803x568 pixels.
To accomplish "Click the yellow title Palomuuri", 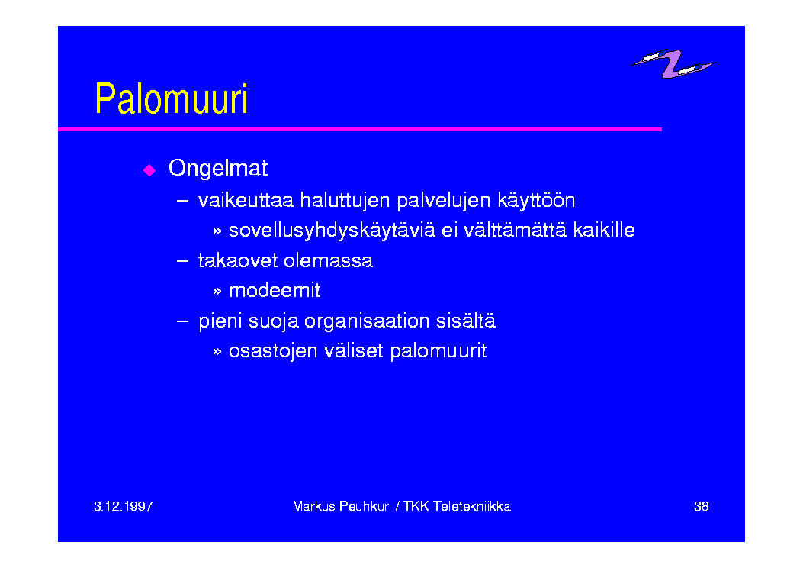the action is tap(171, 98).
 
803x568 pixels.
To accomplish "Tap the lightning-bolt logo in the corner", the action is tap(673, 64).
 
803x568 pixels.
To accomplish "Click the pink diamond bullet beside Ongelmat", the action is tap(149, 170).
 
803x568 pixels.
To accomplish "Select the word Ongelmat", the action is tap(218, 168).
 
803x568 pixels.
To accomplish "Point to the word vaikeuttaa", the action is tap(246, 200).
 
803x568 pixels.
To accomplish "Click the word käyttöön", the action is tap(536, 201).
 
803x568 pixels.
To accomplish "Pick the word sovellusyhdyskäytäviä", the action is tap(332, 231).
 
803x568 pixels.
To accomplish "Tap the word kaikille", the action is tap(604, 230).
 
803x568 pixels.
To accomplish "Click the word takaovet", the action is tap(238, 261).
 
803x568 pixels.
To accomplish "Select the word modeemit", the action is tap(275, 291).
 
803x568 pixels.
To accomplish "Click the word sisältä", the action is tap(466, 321).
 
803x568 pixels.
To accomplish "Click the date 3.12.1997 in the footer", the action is tap(124, 506).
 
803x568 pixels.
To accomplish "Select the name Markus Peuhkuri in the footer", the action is tap(342, 506).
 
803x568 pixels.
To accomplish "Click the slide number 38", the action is tap(701, 506).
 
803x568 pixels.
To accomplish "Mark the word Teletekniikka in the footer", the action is tap(472, 506).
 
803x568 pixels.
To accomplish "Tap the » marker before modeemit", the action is tap(217, 292).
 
